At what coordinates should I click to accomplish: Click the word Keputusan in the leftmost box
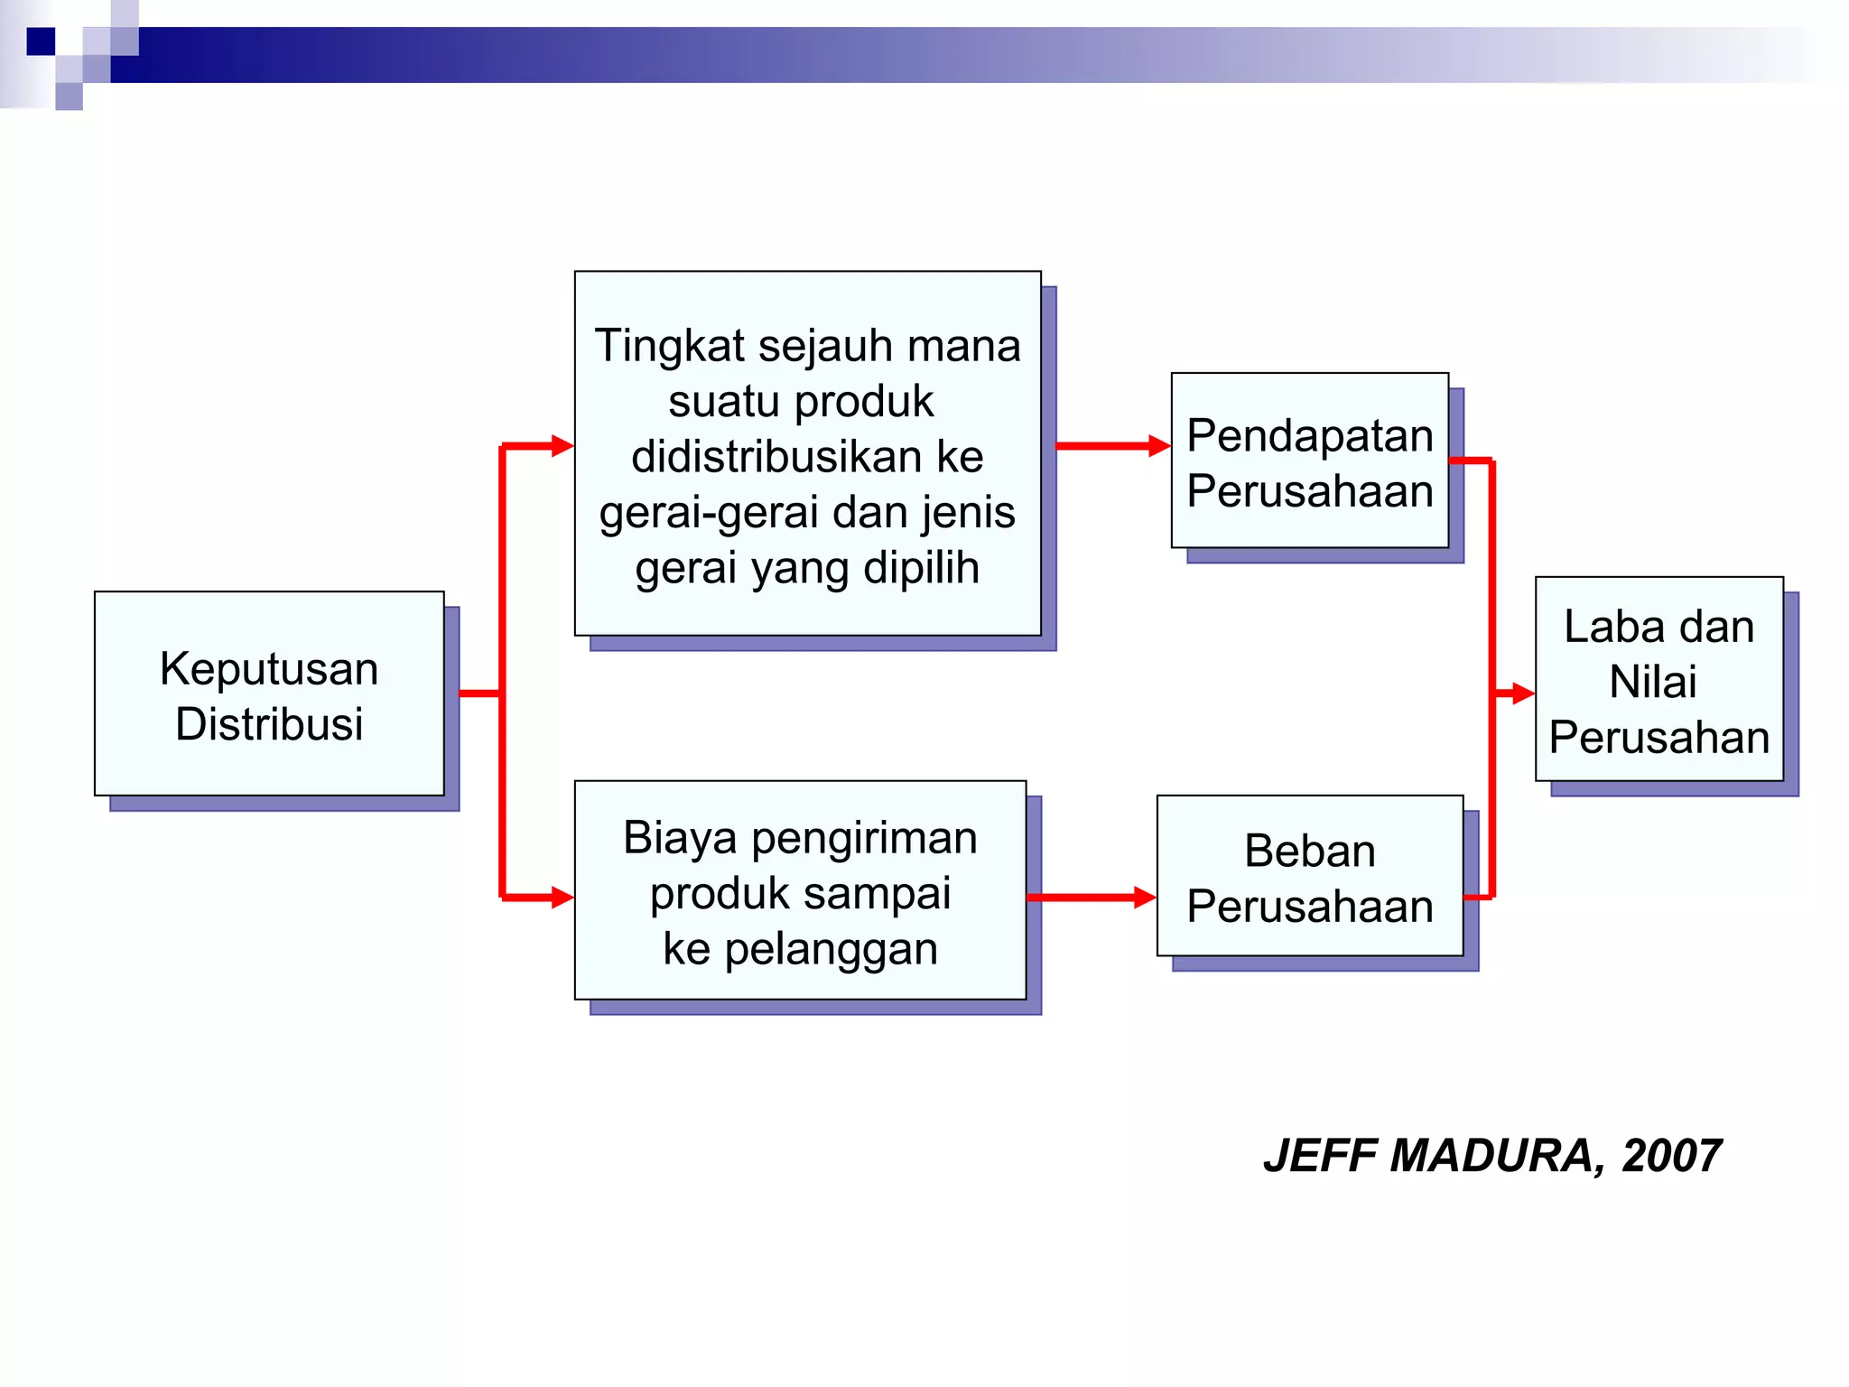(x=268, y=669)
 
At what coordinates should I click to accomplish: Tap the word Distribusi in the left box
(x=268, y=724)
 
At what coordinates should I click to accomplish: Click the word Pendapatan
(x=1309, y=435)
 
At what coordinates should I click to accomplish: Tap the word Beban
(x=1309, y=851)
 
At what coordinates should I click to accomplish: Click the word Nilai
(x=1652, y=682)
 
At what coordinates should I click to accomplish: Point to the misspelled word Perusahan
(x=1659, y=737)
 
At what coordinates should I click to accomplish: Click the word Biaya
(x=667, y=837)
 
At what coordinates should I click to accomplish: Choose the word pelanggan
(x=831, y=949)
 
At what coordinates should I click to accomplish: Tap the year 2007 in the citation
(x=1671, y=1156)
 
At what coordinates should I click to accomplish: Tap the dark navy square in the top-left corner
(x=41, y=42)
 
